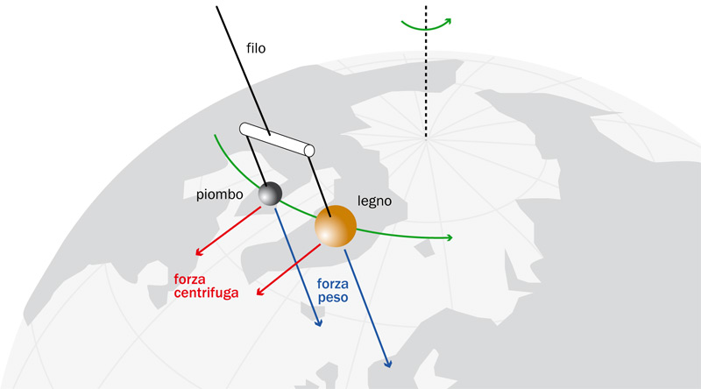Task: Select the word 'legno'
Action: point(374,201)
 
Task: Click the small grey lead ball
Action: point(270,194)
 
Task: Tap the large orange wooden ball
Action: point(335,226)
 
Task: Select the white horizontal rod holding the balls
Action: point(277,140)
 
